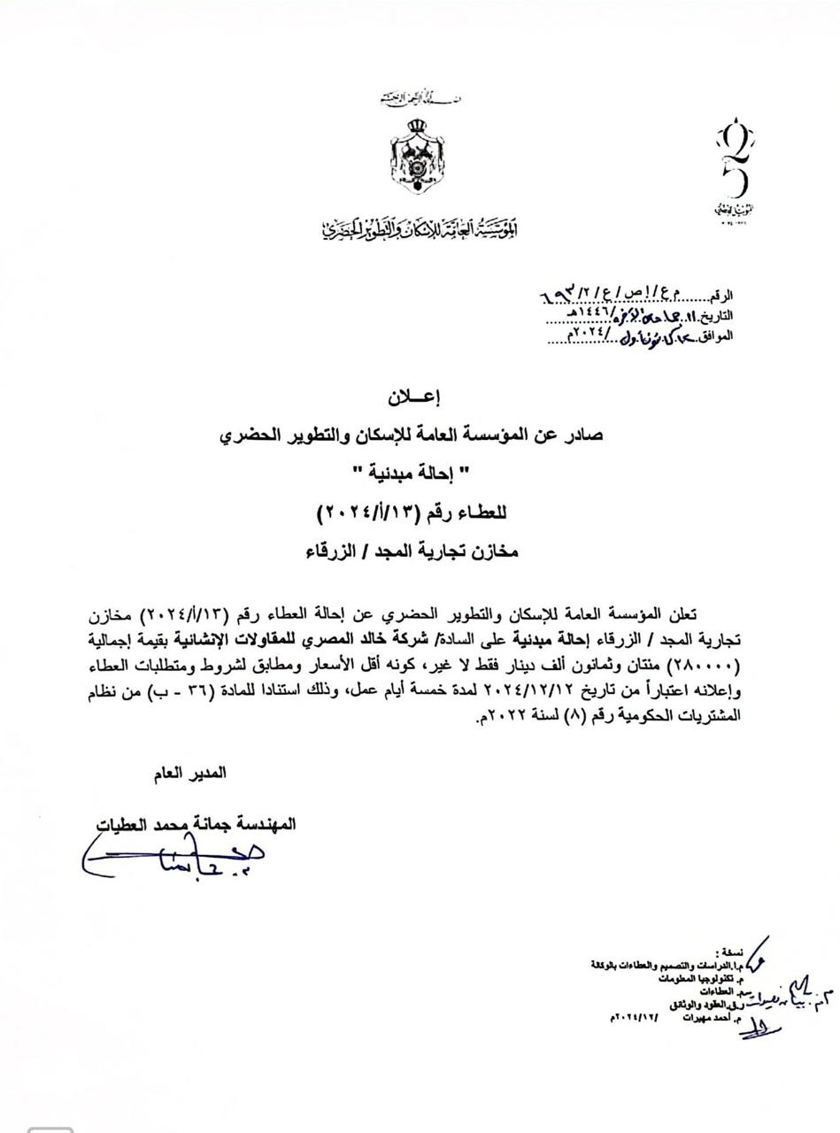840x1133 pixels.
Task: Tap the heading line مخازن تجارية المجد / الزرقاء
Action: (412, 551)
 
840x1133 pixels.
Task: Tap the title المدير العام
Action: (190, 773)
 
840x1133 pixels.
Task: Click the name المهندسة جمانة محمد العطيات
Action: (197, 824)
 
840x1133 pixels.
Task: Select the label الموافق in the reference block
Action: (716, 335)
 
